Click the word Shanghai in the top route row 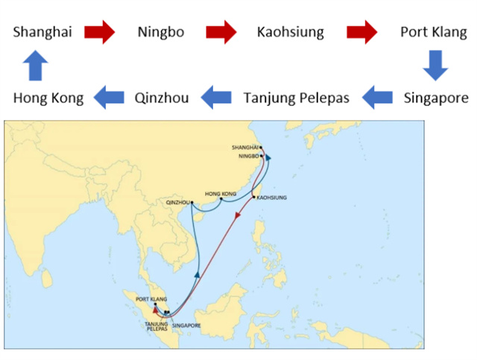coord(42,33)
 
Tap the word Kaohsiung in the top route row coord(291,33)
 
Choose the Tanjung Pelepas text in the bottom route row coord(296,98)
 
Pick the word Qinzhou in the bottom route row coord(162,98)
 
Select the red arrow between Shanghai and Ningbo coord(99,32)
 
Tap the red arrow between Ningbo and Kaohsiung coord(221,32)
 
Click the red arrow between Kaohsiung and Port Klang coord(361,32)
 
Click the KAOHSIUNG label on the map coord(271,198)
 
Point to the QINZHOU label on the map coord(177,203)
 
